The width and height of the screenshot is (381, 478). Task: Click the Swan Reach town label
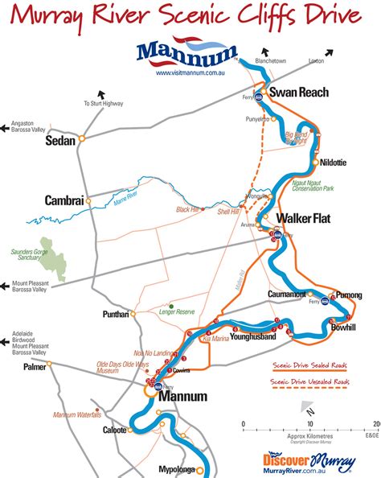tap(298, 93)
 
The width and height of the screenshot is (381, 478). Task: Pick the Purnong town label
tap(349, 295)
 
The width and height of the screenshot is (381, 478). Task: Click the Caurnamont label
tap(287, 295)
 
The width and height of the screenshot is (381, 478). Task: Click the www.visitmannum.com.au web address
tap(189, 73)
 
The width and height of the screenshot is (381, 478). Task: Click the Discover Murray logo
tap(309, 459)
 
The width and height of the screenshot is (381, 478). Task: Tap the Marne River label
tap(127, 197)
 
